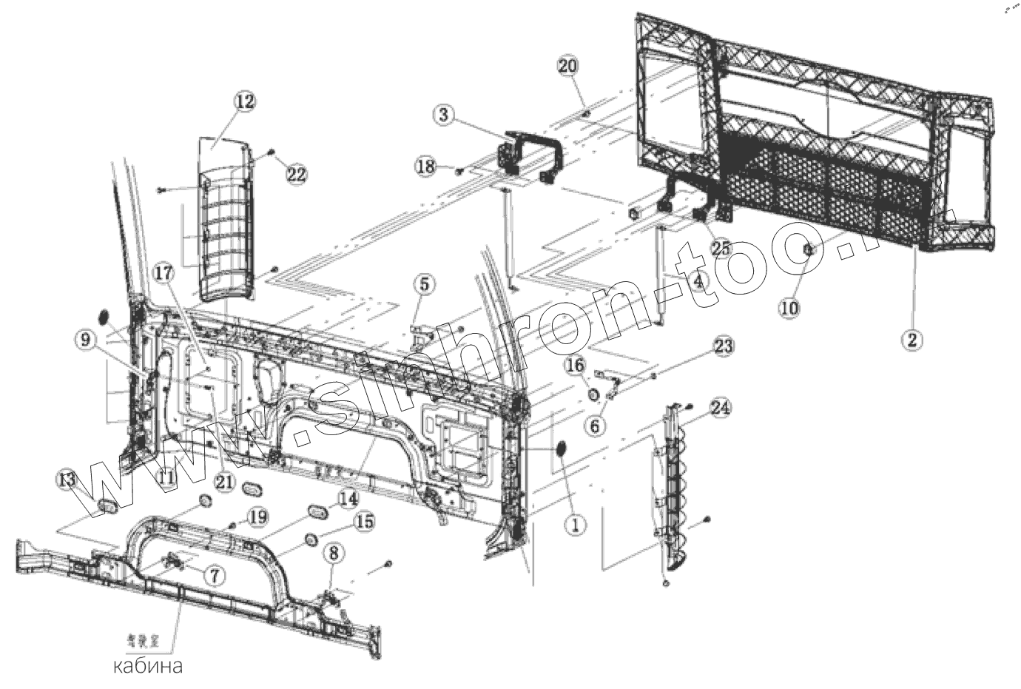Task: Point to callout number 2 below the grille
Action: [912, 340]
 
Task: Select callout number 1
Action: [575, 525]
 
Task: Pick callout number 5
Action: [425, 283]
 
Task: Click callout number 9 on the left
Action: [84, 340]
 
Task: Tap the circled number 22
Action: [296, 175]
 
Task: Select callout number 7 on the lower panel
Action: [212, 574]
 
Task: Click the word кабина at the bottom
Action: [147, 665]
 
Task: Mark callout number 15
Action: [363, 522]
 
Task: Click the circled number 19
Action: [256, 516]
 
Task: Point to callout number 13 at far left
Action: [67, 481]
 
